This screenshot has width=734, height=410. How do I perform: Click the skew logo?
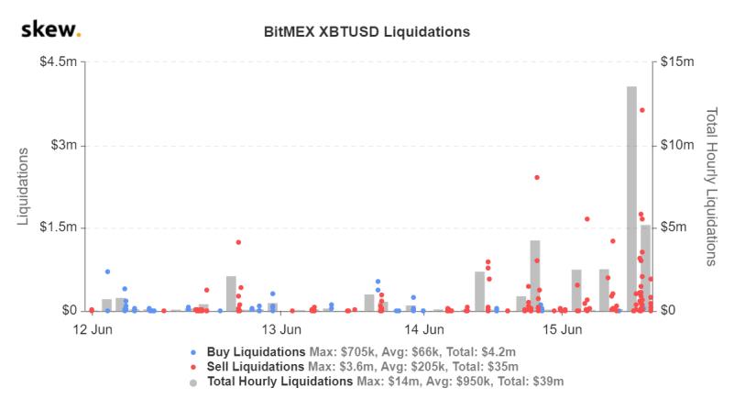[50, 30]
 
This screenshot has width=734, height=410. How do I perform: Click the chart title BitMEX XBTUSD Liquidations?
[367, 31]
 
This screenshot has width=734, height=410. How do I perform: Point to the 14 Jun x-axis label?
[424, 329]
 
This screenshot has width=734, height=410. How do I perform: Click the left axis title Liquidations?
[25, 186]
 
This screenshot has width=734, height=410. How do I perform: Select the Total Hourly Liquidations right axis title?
[711, 186]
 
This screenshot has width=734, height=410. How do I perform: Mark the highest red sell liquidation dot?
[642, 110]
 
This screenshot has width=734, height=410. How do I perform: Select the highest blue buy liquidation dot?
[107, 271]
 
